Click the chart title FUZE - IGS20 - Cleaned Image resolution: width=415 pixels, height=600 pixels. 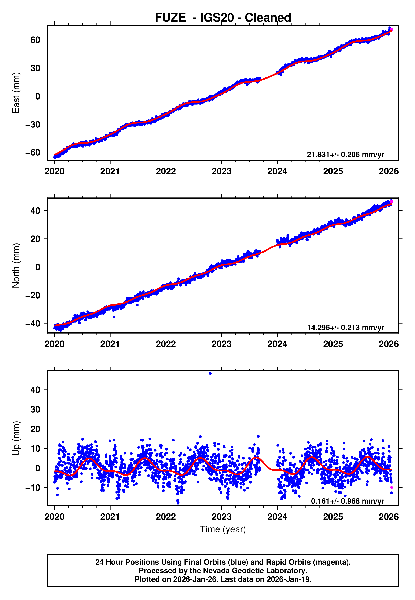coord(223,18)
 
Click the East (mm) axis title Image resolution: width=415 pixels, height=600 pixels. coord(16,93)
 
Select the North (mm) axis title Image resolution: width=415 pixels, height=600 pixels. coord(16,265)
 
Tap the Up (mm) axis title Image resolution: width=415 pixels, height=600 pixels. coord(16,438)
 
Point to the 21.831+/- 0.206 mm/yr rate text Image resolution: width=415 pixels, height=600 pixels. coord(345,155)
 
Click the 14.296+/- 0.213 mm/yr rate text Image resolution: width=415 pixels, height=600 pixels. coord(345,327)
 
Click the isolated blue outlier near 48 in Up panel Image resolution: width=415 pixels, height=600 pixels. coord(210,373)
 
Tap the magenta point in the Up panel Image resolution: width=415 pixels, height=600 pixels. coord(392,487)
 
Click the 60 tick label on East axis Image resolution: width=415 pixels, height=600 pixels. coord(35,40)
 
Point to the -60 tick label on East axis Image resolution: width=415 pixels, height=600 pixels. coord(33,152)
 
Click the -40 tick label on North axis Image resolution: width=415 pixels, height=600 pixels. coord(33,324)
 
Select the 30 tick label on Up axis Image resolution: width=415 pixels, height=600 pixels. coord(35,409)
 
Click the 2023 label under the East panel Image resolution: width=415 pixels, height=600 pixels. coord(221,171)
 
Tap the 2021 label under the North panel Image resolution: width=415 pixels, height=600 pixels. coord(110,344)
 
